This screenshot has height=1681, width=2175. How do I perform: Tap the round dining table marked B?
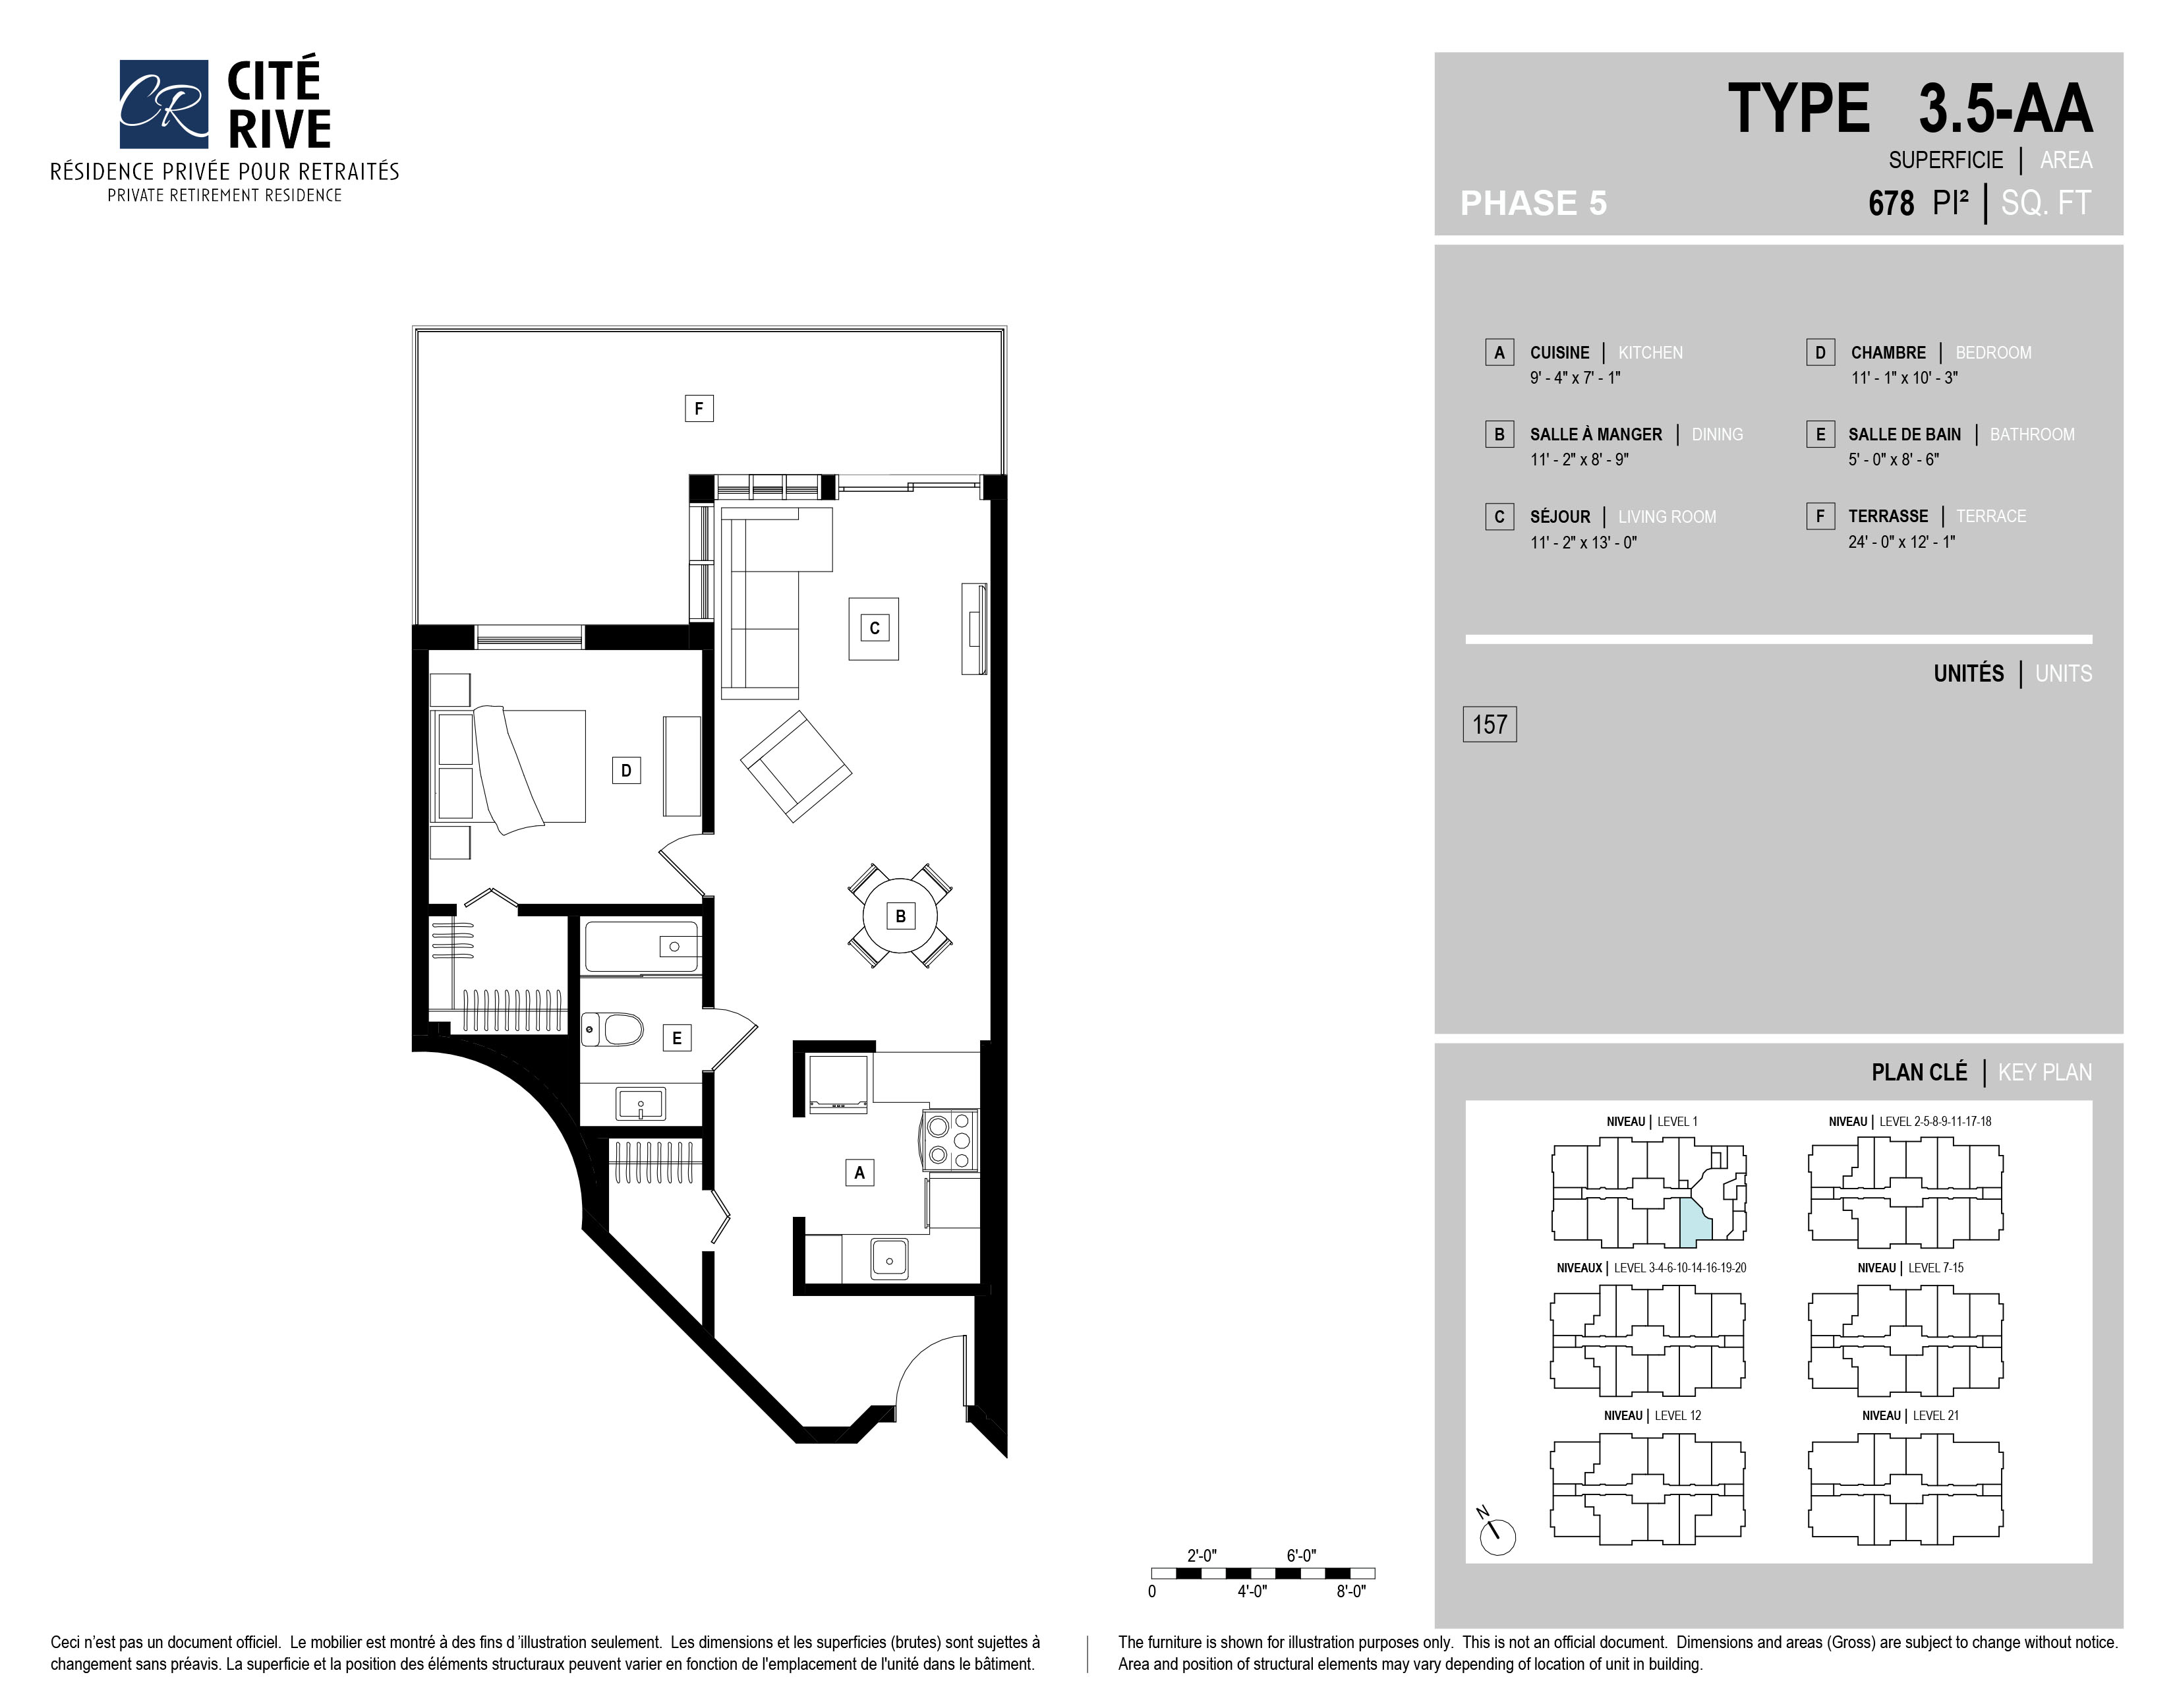click(900, 915)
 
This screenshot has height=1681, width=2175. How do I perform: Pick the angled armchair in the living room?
click(796, 766)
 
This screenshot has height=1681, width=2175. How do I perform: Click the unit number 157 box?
click(1489, 724)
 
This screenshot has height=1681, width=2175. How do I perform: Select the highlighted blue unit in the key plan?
click(1694, 1224)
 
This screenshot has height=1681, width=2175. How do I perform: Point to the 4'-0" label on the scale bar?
click(1252, 1591)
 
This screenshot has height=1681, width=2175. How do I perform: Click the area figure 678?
click(1891, 203)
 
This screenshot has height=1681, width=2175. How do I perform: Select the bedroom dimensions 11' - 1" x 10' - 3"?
click(1904, 378)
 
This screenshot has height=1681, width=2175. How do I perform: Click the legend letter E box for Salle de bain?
click(1820, 434)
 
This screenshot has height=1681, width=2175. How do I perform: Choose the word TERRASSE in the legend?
click(1888, 516)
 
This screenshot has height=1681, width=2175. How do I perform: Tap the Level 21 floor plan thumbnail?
click(1904, 1490)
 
